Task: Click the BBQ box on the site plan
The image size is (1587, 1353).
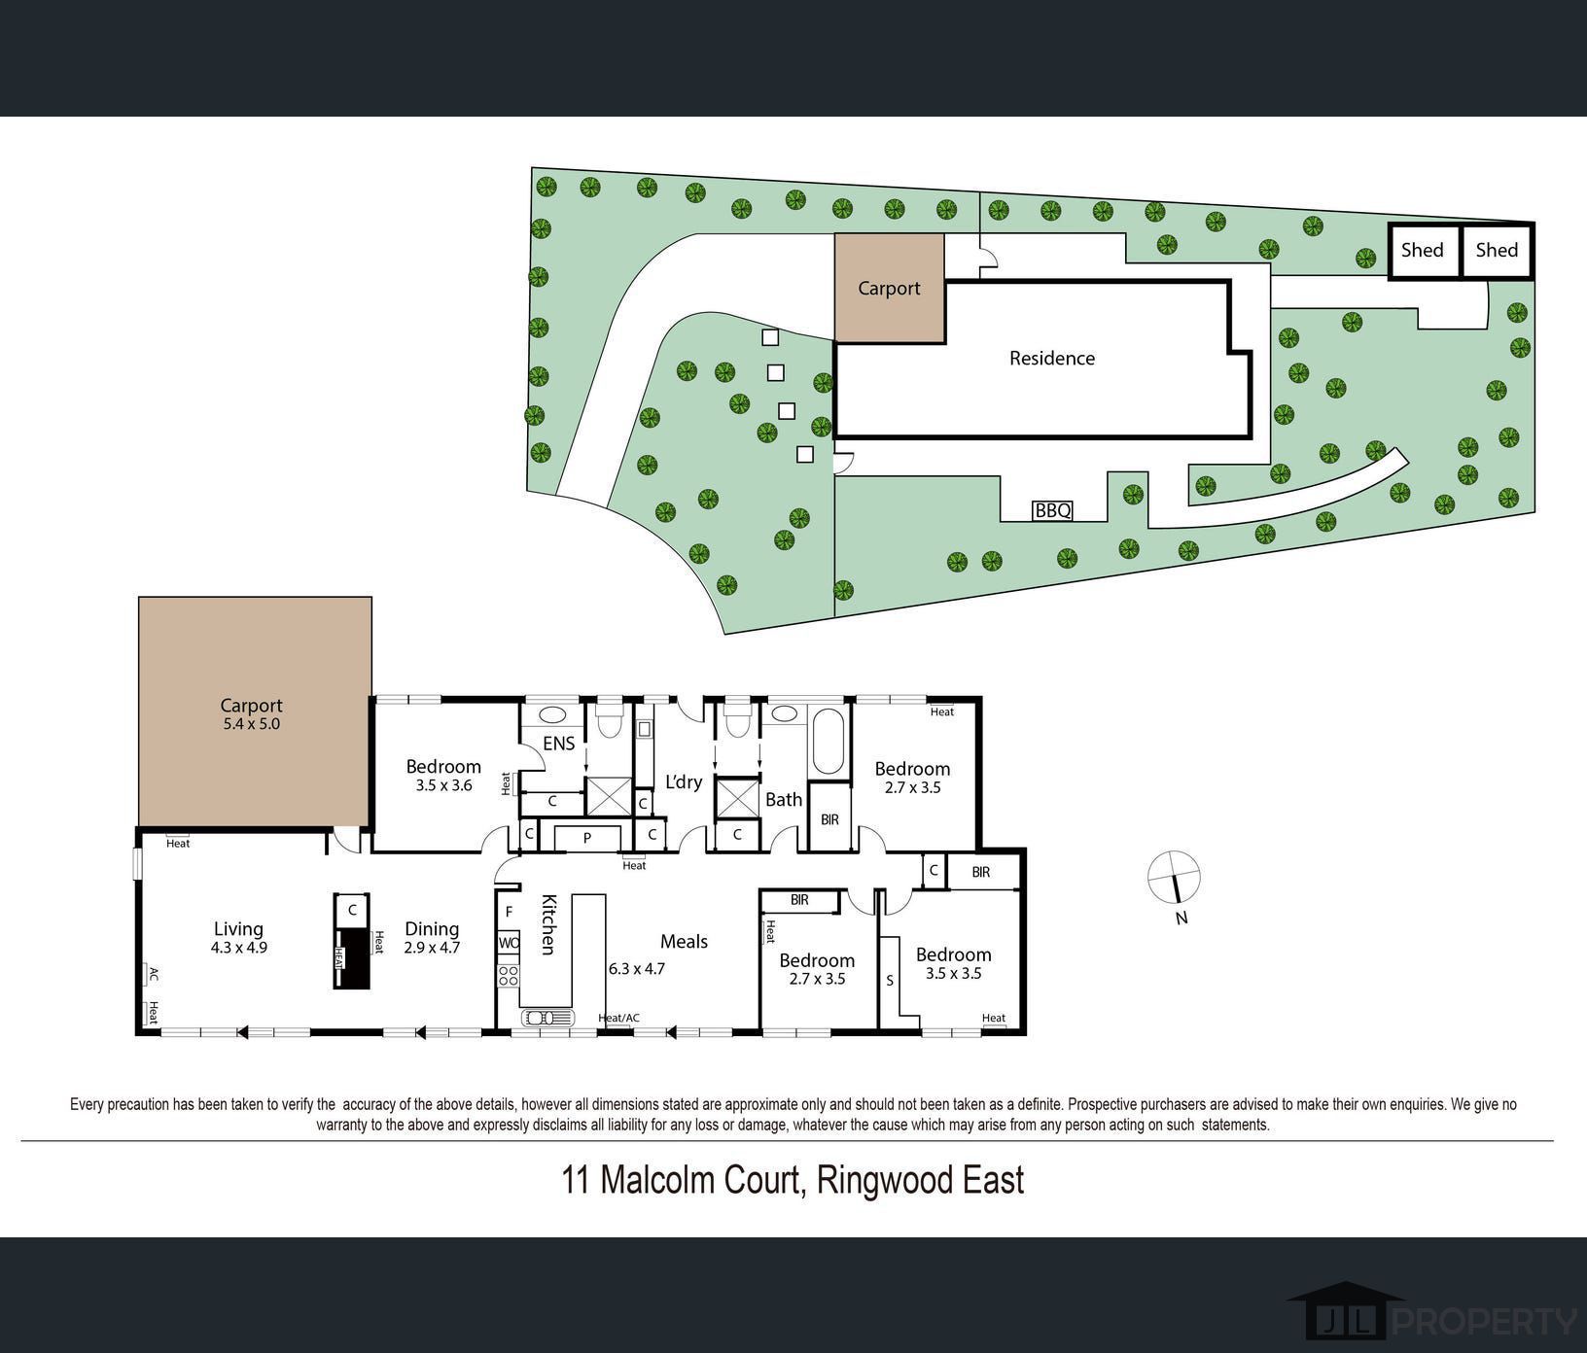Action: tap(1052, 510)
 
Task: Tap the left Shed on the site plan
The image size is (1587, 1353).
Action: tap(1423, 251)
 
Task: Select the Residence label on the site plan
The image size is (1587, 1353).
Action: tap(1051, 359)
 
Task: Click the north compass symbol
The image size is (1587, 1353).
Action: tap(1175, 876)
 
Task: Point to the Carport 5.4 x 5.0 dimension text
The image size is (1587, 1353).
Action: tap(251, 724)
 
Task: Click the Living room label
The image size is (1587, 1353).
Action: tap(238, 929)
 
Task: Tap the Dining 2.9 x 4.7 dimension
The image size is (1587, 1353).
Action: tap(432, 948)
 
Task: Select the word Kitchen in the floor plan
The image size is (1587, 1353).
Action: tap(548, 924)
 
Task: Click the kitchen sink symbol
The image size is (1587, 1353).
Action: tap(547, 1018)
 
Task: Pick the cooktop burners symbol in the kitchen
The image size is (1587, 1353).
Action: tap(509, 975)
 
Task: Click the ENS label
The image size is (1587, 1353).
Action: tap(558, 744)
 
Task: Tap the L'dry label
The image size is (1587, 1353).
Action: tap(684, 781)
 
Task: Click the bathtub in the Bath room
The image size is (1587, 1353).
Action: tap(829, 741)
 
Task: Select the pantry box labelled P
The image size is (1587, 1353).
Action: tap(587, 838)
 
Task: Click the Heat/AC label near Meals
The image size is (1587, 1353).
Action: tap(618, 1019)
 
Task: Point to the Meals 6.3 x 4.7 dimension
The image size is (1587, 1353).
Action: tap(637, 969)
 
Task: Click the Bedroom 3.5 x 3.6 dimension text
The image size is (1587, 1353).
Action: tap(443, 785)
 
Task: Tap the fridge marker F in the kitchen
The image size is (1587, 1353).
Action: tap(509, 913)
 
